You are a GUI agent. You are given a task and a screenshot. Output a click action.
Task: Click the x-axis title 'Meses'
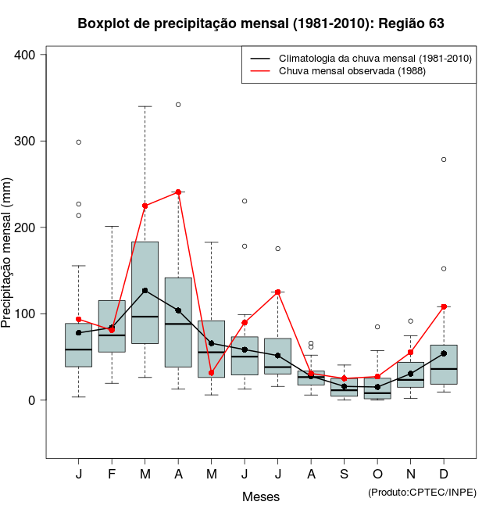click(x=261, y=496)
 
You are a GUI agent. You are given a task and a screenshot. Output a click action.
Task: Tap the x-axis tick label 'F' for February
click(x=112, y=475)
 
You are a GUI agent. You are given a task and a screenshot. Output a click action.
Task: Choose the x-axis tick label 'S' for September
click(x=345, y=475)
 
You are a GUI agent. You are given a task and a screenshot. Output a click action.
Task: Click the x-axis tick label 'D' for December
click(x=444, y=475)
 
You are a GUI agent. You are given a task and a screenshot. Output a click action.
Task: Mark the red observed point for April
click(x=178, y=192)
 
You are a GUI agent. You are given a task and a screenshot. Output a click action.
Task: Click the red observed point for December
click(x=444, y=306)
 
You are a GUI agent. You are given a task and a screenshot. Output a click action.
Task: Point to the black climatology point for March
click(x=145, y=290)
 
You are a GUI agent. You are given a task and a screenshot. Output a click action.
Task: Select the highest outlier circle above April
click(x=178, y=104)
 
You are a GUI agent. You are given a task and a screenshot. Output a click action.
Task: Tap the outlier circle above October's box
click(x=377, y=327)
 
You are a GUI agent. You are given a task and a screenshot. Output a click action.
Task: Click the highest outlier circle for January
click(x=79, y=142)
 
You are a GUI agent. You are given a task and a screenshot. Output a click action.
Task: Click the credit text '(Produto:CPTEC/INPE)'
click(x=422, y=492)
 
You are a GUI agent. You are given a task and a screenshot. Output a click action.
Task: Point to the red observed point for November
click(x=411, y=353)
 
